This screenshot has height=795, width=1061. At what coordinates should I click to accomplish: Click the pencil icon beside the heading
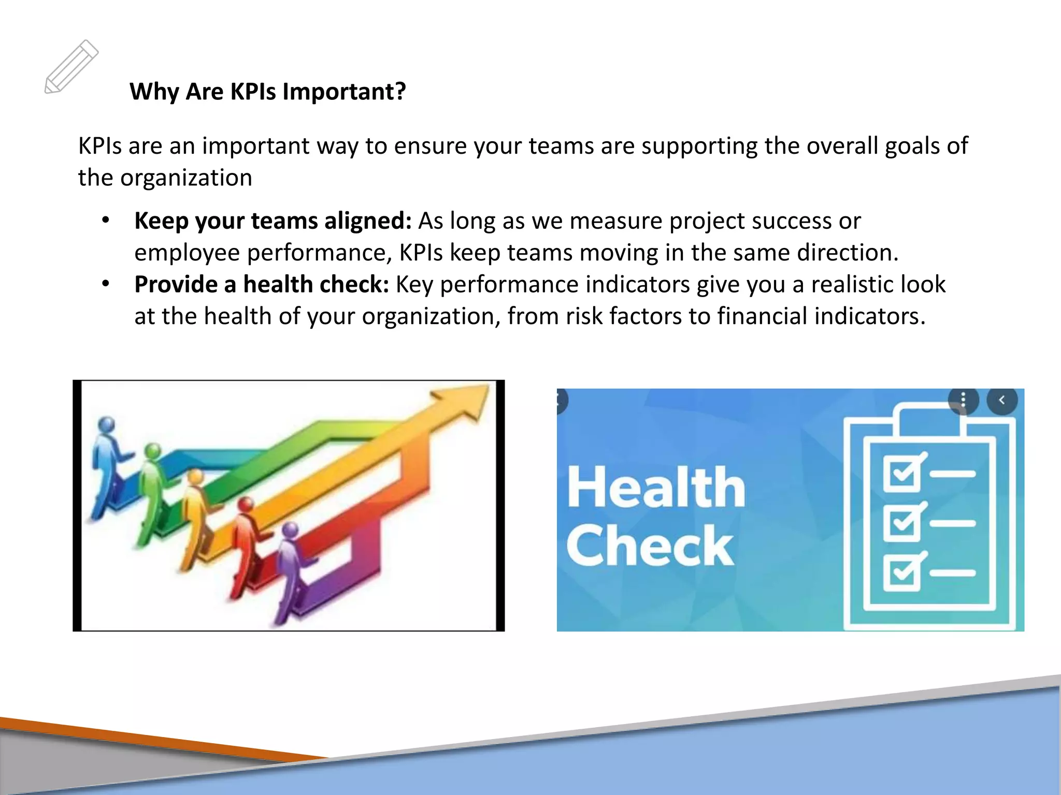coord(71,67)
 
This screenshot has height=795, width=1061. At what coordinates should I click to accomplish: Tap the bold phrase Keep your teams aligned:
coord(273,221)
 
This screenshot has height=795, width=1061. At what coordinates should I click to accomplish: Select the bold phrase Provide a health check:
coord(261,285)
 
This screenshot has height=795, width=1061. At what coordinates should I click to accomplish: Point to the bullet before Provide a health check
coord(106,284)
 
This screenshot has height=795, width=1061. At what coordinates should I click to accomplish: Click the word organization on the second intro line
coord(186,178)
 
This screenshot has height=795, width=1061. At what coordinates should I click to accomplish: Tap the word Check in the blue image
coord(650,546)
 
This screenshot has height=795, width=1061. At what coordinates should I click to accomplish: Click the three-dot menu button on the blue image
coord(963,400)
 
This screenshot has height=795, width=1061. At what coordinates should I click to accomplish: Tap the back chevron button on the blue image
coord(1002,400)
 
